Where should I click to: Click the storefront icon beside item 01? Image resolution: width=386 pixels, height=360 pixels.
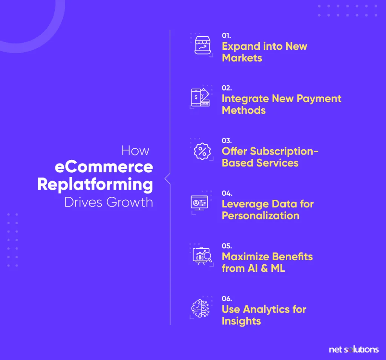[x=202, y=45]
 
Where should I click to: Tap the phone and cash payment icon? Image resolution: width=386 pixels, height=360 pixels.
[x=200, y=97]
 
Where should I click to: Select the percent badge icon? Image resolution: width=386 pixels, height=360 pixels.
[x=202, y=151]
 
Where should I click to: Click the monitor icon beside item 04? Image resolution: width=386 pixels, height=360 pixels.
[x=199, y=203]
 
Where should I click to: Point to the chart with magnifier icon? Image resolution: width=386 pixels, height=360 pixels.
[x=202, y=256]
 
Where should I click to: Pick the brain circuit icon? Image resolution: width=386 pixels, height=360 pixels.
[x=201, y=308]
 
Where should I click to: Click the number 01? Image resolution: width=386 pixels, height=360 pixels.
[x=226, y=36]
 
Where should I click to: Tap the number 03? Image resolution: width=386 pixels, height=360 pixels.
[x=227, y=141]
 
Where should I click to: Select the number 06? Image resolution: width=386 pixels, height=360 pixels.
[x=227, y=299]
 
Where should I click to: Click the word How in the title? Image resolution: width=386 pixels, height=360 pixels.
[x=135, y=150]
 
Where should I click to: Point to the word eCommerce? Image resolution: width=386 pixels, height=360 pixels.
[x=104, y=167]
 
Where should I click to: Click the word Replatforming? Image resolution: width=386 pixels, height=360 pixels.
[x=95, y=185]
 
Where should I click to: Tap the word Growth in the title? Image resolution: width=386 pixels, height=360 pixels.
[x=130, y=202]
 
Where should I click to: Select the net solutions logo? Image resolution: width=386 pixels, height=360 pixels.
[x=354, y=349]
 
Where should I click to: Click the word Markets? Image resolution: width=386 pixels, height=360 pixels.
[x=242, y=58]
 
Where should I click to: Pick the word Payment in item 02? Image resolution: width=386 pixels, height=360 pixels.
[x=319, y=99]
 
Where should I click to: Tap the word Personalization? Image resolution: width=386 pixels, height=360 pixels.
[x=260, y=216]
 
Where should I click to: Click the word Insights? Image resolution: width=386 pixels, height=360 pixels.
[x=241, y=321]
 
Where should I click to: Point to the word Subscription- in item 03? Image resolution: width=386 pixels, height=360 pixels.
[x=284, y=152]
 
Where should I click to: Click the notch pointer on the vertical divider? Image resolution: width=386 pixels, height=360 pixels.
[x=167, y=179]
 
